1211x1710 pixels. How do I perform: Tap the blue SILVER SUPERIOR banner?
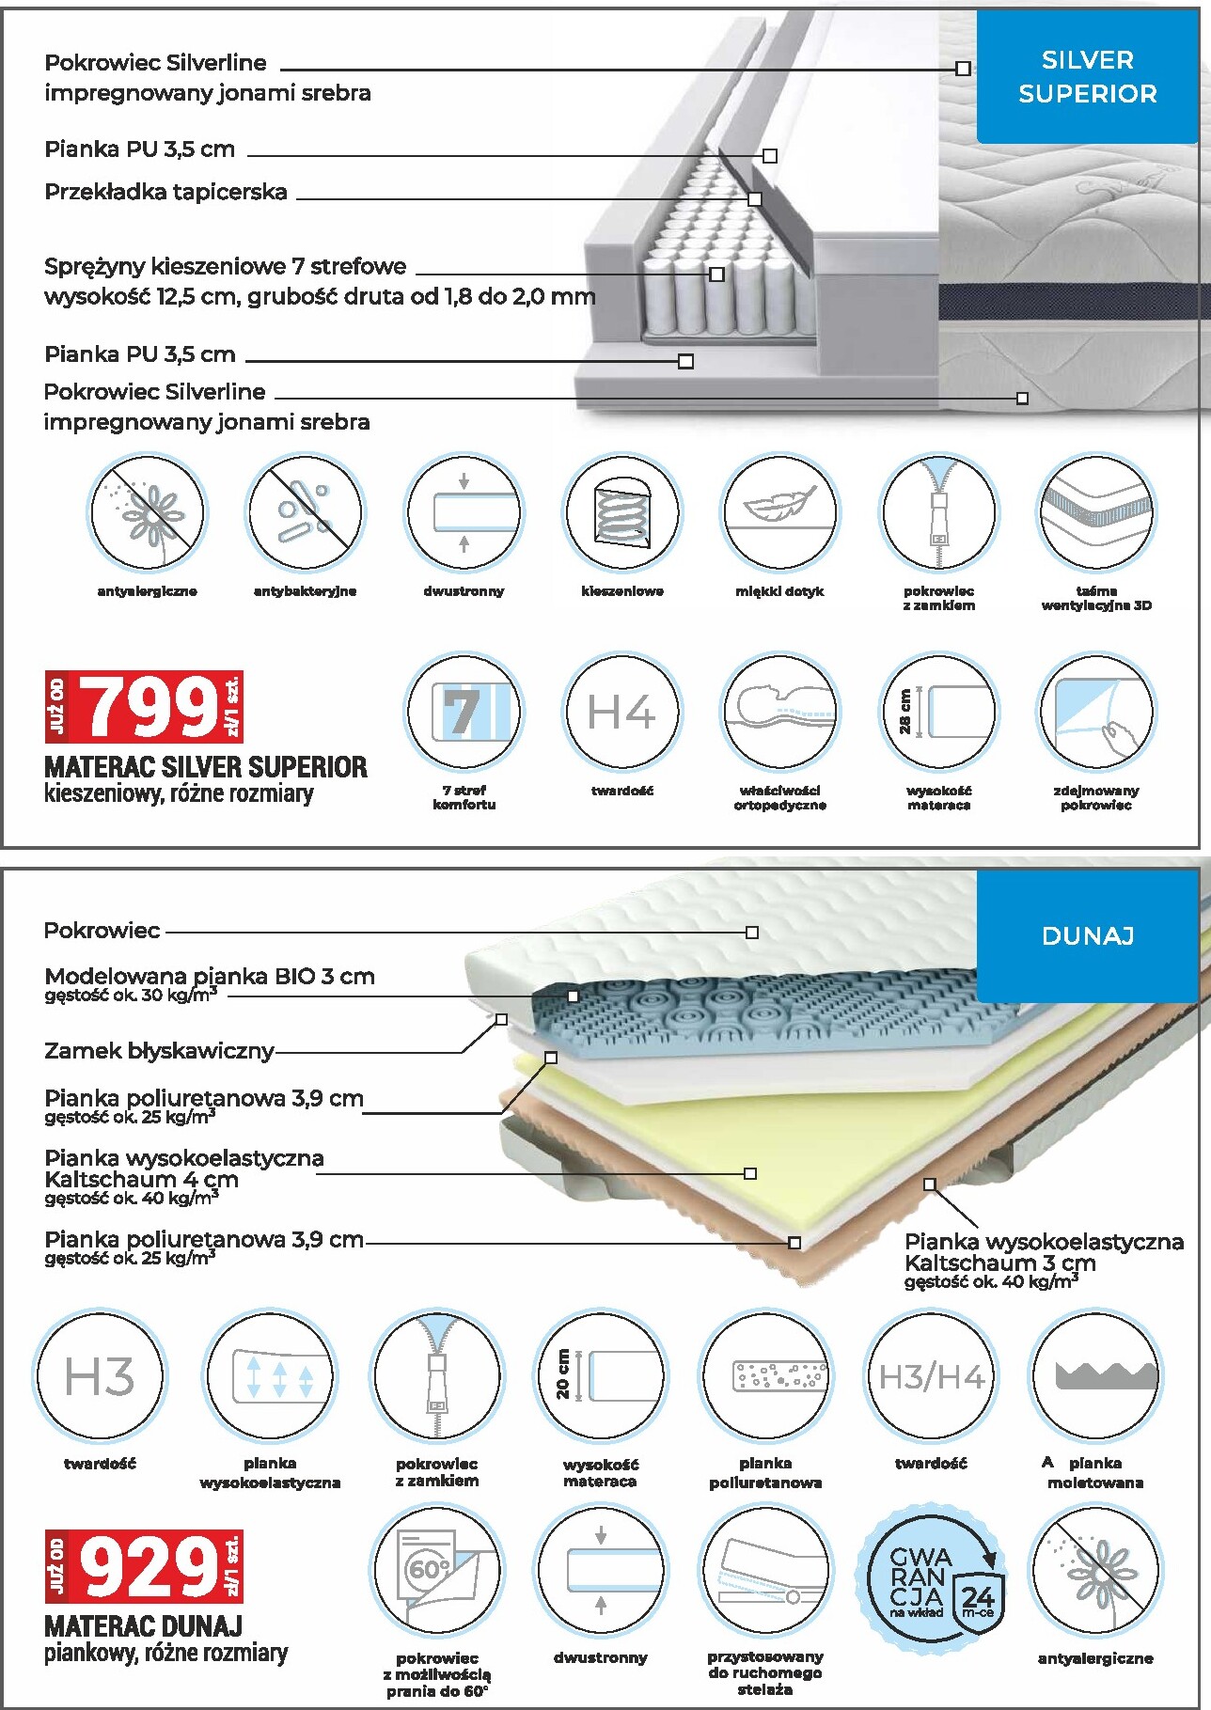tap(1088, 76)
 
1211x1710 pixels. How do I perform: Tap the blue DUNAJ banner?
tap(1088, 935)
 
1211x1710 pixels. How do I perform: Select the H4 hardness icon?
tap(621, 713)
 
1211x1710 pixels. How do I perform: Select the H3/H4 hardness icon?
tap(931, 1377)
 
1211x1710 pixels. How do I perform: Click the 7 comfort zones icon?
tap(464, 713)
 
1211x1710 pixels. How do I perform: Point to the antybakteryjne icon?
tap(305, 513)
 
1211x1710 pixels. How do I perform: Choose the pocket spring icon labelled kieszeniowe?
tap(621, 513)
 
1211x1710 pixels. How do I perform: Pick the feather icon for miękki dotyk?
tap(779, 513)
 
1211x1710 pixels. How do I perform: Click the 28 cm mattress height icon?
tap(938, 713)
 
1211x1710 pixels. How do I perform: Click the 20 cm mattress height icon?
tap(601, 1377)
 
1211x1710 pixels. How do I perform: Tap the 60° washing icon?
tap(437, 1571)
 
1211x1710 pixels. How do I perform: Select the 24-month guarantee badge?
tap(931, 1579)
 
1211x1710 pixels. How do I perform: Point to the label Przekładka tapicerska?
tap(165, 192)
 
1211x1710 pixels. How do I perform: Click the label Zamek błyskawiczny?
tap(159, 1051)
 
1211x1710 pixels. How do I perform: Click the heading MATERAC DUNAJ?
tap(143, 1626)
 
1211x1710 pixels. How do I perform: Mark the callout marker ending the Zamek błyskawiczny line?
tap(501, 1019)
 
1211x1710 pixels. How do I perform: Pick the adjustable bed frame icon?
tap(765, 1571)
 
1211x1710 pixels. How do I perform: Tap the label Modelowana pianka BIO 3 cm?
tap(209, 976)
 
